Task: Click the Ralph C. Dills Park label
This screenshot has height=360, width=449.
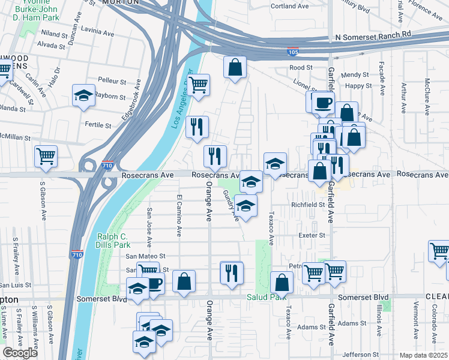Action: (113, 241)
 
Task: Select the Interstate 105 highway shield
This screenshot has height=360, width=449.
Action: (293, 53)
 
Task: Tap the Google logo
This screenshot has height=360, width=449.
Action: (20, 353)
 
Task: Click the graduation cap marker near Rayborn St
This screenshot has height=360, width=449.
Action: (84, 95)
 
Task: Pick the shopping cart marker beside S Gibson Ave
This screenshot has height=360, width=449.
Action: (46, 157)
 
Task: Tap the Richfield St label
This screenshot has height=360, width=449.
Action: (307, 205)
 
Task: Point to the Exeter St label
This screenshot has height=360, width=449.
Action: (312, 235)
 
